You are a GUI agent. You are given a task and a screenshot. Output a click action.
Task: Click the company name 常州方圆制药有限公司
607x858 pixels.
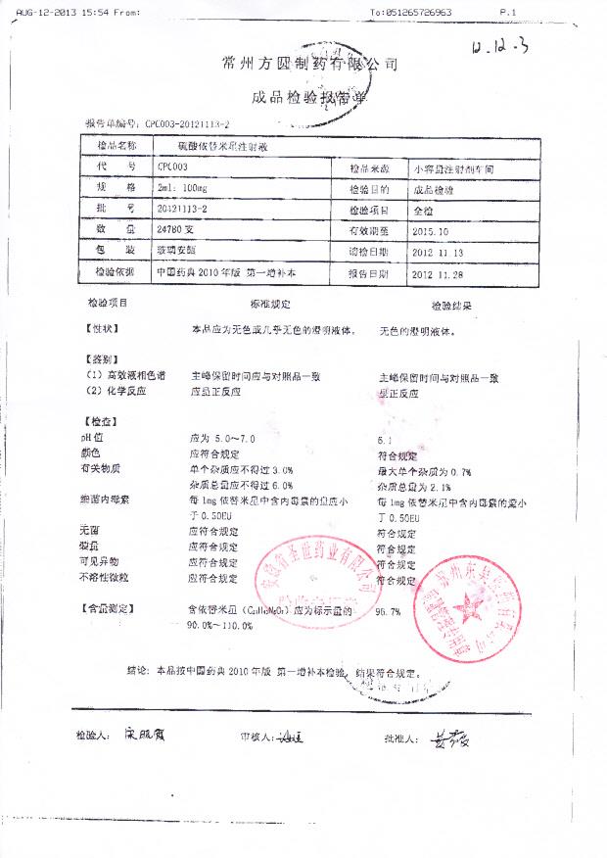pyautogui.click(x=311, y=65)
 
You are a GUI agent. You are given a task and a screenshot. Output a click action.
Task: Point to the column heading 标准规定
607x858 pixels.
pyautogui.click(x=271, y=305)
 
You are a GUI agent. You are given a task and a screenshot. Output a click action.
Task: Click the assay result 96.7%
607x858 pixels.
pyautogui.click(x=389, y=612)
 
